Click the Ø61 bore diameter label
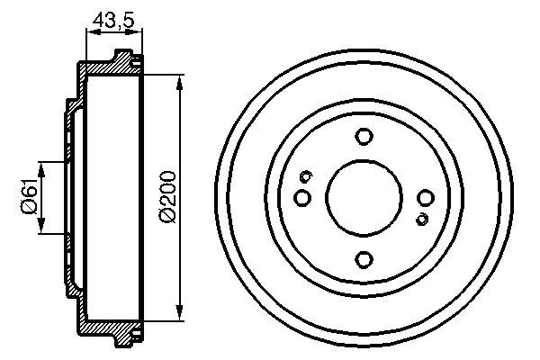(27, 197)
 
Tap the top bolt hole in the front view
(364, 137)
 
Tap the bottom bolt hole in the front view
(364, 259)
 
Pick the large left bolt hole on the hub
(302, 197)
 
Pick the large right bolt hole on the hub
(426, 198)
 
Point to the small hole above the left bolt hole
(306, 175)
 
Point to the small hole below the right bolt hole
(421, 219)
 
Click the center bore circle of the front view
(364, 198)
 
